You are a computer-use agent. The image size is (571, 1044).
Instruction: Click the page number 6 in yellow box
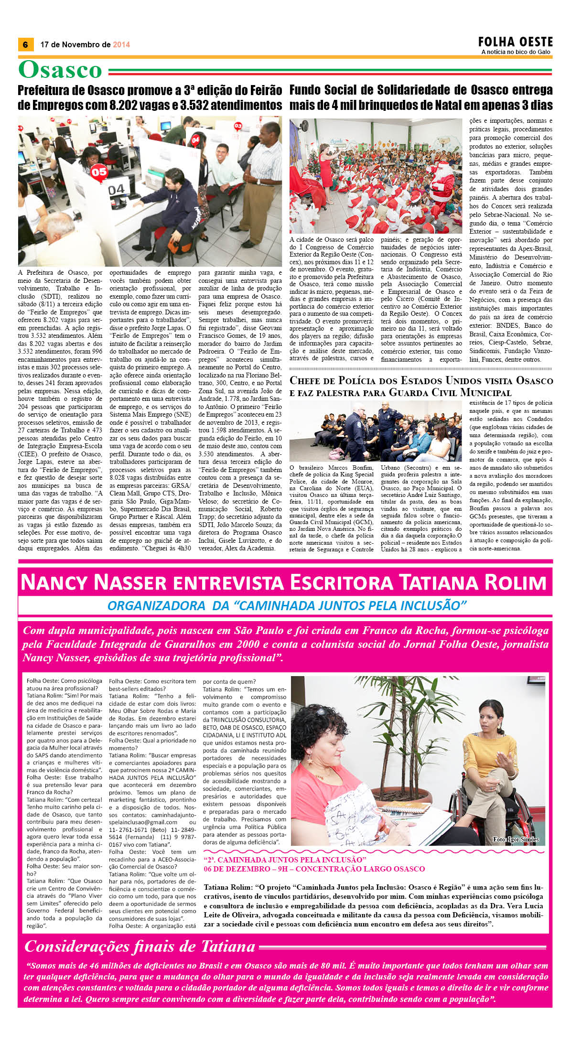click(25, 44)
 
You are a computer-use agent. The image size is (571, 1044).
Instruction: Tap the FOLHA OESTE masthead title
click(516, 42)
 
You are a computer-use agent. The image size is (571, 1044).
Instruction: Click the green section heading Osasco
click(60, 70)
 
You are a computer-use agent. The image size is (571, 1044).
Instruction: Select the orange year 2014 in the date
click(121, 44)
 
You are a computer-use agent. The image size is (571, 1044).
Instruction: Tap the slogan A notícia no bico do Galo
click(516, 52)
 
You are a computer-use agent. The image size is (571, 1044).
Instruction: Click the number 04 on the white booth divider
click(116, 190)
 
